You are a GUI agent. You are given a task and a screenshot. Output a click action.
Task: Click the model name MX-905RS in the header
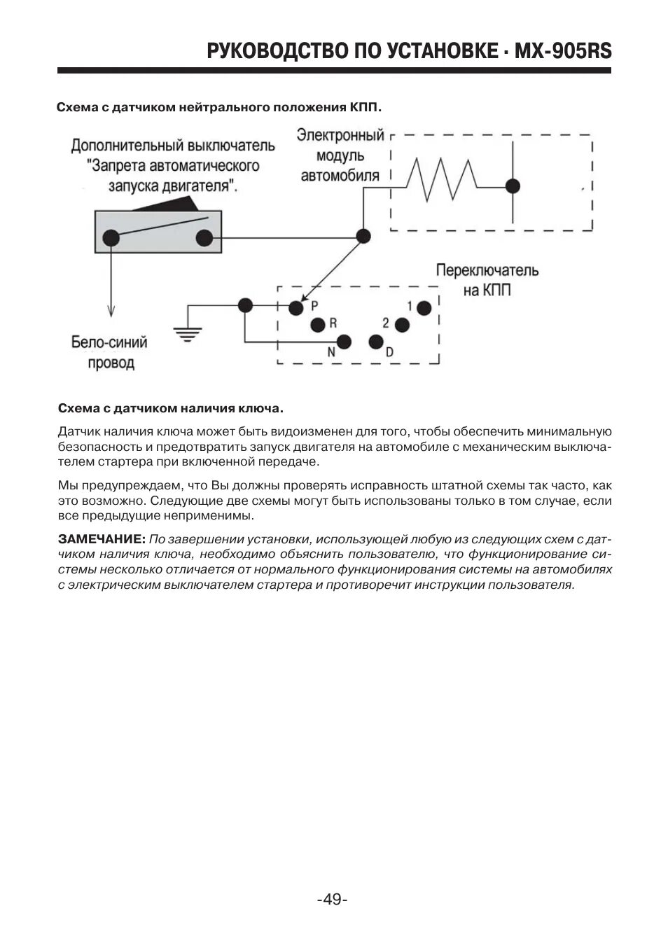click(562, 51)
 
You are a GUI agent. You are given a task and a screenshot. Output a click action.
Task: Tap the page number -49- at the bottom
click(332, 899)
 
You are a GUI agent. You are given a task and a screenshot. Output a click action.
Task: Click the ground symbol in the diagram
click(186, 332)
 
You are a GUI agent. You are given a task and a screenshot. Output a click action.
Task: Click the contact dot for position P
click(297, 307)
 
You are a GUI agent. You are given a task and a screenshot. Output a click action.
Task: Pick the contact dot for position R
click(317, 324)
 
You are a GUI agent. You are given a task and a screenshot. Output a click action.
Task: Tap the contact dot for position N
click(344, 342)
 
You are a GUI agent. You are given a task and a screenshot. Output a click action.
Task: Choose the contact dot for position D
click(376, 342)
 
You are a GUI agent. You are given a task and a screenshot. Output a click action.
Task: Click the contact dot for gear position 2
click(401, 324)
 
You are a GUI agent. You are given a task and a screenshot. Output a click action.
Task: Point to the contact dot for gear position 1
click(423, 307)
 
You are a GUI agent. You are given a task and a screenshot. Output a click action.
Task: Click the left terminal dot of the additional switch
click(111, 238)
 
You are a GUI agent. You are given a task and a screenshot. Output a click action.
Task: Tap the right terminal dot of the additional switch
click(204, 238)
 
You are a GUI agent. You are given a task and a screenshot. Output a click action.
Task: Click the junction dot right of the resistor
click(513, 186)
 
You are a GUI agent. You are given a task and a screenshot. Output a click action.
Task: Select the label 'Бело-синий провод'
click(110, 352)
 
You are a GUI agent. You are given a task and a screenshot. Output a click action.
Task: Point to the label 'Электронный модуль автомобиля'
click(340, 155)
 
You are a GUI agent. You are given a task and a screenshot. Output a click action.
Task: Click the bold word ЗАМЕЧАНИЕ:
click(102, 539)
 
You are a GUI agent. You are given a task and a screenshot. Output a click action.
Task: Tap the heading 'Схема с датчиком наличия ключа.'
click(171, 407)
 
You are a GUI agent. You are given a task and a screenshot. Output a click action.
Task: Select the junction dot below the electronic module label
click(363, 236)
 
